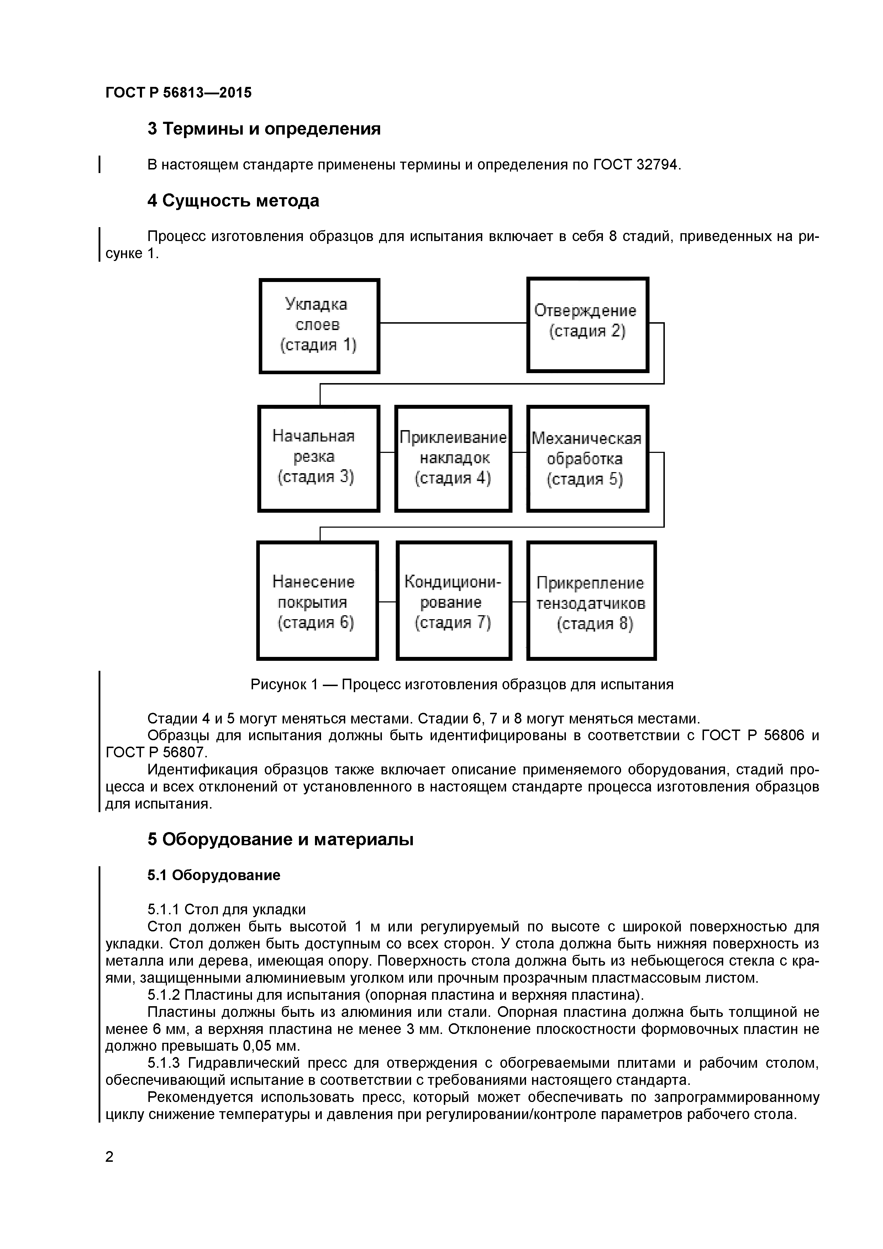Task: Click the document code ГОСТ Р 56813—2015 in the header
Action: pos(178,93)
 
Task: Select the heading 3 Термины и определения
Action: pos(264,129)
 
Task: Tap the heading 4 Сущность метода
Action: pos(233,201)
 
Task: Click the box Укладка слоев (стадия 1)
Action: pos(319,325)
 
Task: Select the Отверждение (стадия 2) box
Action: pos(587,325)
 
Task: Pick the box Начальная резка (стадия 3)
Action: pos(319,458)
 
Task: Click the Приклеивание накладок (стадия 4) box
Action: pos(453,458)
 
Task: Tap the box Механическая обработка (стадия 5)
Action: pos(587,458)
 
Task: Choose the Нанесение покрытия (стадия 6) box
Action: pos(317,600)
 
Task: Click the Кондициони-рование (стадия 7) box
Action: pos(453,600)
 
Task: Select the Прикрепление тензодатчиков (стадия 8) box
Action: pos(592,600)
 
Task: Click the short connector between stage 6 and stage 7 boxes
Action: pos(387,602)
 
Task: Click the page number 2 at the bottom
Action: pos(109,1157)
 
